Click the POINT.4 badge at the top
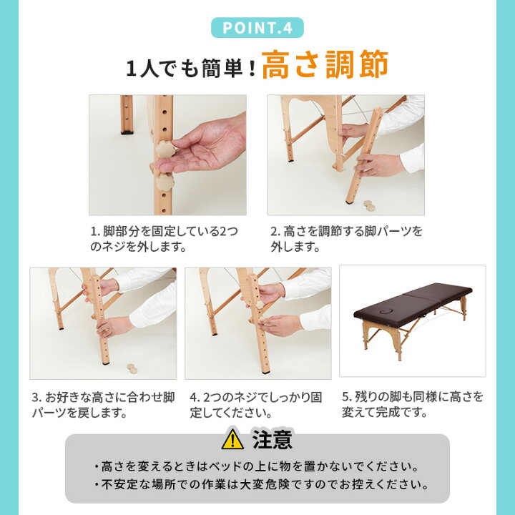257,28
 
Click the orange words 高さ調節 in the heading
325,64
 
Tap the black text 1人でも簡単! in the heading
191,69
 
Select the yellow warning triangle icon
232,439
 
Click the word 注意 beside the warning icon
273,439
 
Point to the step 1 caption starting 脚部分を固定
164,239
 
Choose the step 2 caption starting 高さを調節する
346,239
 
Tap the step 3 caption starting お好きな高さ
103,405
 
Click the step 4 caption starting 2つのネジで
255,405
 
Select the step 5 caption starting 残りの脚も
412,404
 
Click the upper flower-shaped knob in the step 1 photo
165,149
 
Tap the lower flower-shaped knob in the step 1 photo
165,182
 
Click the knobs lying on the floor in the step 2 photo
369,205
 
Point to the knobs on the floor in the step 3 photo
132,368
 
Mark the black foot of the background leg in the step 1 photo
127,132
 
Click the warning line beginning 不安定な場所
262,484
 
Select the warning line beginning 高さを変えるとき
257,466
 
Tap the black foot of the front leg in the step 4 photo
266,373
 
